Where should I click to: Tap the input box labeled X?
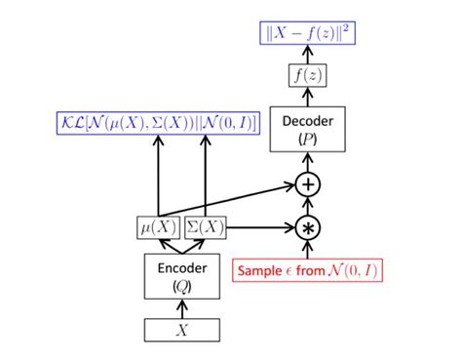[181, 330]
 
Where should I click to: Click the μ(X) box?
[156, 227]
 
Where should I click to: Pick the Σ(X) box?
[206, 227]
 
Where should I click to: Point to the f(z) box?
[308, 74]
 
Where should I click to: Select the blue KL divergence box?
[157, 124]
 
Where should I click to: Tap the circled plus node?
[308, 182]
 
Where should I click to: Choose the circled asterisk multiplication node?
[308, 227]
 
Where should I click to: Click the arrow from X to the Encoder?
[181, 306]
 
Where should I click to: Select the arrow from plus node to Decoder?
[308, 161]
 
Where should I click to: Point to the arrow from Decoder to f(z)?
[308, 97]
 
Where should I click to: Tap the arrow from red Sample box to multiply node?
[308, 248]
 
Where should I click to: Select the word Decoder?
[308, 121]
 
